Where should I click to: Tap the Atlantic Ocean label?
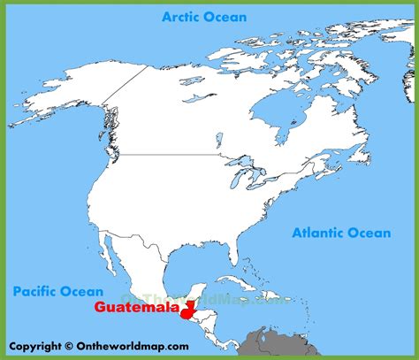tap(340, 234)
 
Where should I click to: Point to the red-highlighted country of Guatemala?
tap(187, 310)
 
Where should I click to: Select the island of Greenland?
tap(354, 53)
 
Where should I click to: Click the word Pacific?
tap(32, 289)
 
